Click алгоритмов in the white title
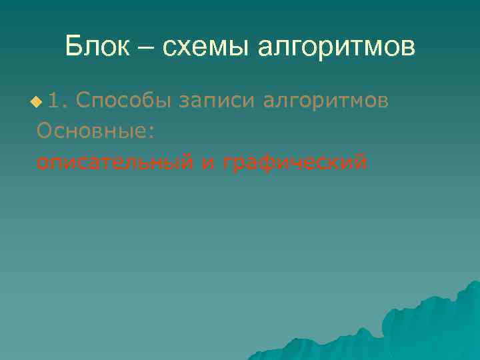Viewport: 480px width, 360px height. tap(337, 48)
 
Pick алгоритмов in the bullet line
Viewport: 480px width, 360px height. tap(326, 101)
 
